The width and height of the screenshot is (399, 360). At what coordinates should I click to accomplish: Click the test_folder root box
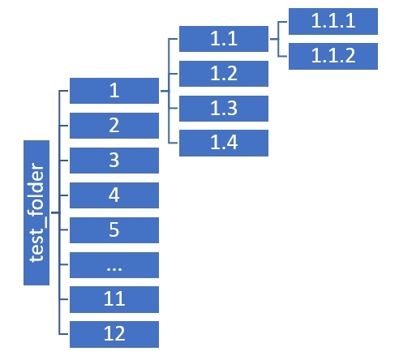point(36,212)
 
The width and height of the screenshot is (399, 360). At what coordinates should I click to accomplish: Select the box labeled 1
point(114,91)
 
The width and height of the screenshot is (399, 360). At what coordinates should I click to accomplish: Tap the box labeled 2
point(114,126)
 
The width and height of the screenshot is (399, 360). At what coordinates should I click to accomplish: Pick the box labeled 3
point(114,161)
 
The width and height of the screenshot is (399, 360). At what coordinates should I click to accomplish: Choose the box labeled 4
point(114,195)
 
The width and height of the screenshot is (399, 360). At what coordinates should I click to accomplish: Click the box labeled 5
point(114,230)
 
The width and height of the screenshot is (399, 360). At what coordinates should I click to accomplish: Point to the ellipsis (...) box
point(114,265)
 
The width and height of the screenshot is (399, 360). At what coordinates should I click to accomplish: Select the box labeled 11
point(114,300)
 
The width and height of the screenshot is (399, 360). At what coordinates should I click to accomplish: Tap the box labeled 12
point(114,334)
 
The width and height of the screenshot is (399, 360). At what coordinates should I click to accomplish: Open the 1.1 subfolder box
point(224,39)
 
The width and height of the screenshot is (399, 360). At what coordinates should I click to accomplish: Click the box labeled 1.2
point(224,74)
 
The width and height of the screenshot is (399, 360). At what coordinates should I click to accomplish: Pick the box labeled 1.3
point(224,109)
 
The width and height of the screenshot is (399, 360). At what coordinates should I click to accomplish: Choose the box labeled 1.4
point(224,143)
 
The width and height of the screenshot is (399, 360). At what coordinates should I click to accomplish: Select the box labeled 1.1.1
point(333,21)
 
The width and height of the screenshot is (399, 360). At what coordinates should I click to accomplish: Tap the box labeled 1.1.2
point(333,56)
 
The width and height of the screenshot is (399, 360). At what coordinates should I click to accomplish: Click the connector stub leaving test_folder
point(55,212)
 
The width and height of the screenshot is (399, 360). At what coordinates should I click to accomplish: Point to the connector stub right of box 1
point(165,91)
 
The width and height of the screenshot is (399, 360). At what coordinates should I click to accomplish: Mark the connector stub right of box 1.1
point(274,39)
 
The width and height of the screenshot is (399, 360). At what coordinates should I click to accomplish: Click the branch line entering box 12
point(63,334)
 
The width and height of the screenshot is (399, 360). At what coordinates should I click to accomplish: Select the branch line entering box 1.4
point(173,143)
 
